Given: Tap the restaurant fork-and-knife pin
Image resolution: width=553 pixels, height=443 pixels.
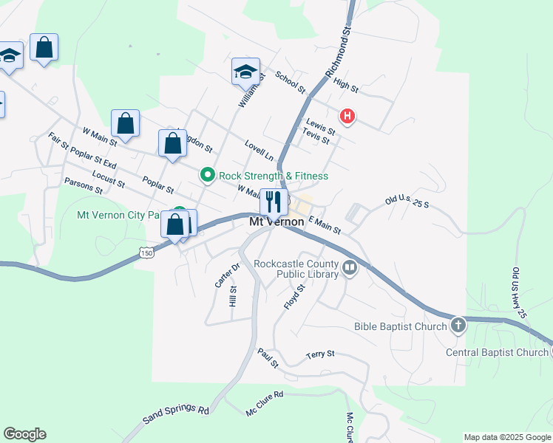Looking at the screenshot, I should click(x=274, y=201).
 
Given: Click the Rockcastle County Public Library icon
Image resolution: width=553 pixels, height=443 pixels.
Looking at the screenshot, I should click(x=350, y=267).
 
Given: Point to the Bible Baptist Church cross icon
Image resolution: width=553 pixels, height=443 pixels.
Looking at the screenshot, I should click(x=458, y=325).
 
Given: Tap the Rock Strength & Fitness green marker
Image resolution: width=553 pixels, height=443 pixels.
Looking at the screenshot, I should click(x=208, y=175).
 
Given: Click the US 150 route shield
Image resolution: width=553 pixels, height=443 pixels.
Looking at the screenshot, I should click(x=146, y=253).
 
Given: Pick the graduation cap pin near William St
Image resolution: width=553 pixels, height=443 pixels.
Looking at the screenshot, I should click(x=245, y=72).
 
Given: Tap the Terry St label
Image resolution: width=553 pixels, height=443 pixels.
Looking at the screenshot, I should click(x=320, y=355).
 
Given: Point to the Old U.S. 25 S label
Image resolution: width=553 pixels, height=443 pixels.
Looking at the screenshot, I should click(x=407, y=201).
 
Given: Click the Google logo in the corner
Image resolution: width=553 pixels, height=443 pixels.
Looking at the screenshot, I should click(x=24, y=434).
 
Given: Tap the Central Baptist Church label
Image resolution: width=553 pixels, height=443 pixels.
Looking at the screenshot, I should click(x=497, y=352).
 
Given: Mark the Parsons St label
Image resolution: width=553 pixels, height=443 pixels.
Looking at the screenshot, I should click(x=84, y=185).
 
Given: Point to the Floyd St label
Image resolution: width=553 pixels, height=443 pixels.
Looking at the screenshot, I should click(x=294, y=296).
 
